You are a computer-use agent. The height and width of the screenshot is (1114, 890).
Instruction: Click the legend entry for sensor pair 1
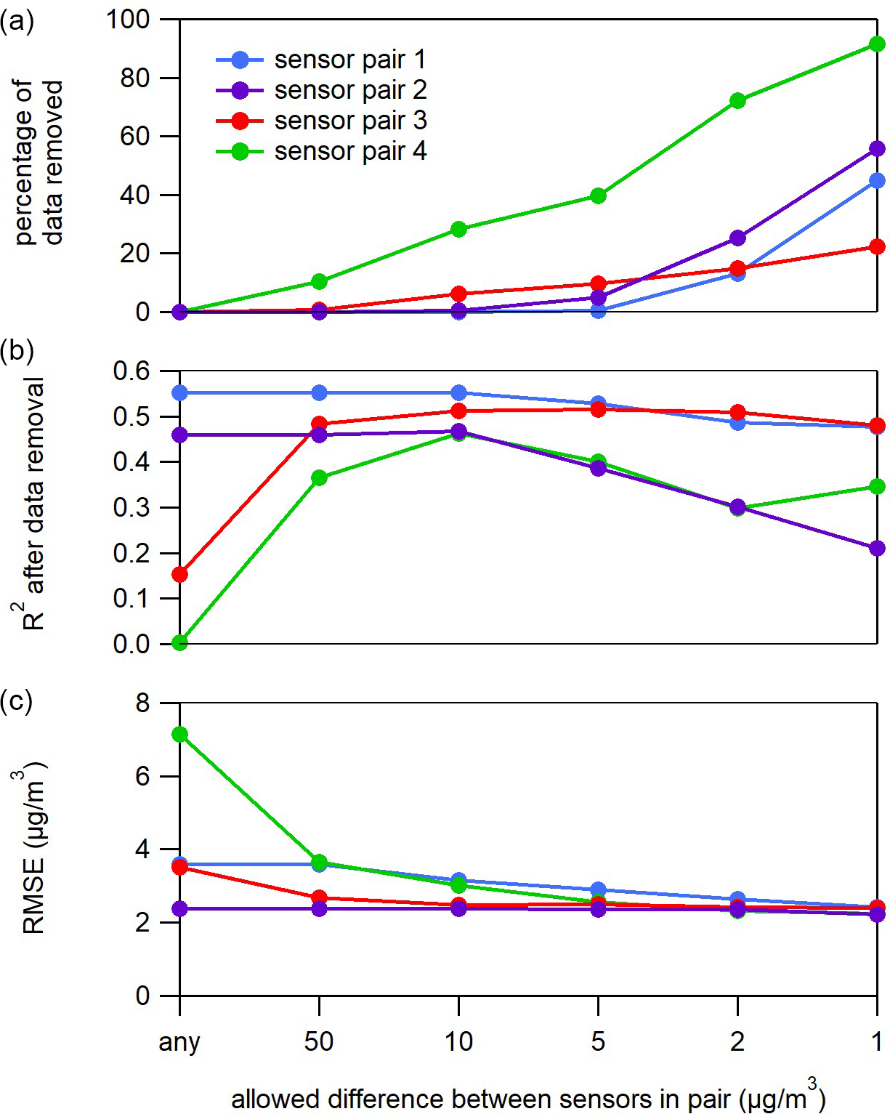click(x=320, y=60)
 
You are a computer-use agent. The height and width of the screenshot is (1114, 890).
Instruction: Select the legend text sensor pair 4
click(x=350, y=151)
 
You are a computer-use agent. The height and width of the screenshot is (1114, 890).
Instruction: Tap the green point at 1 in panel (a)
click(x=877, y=44)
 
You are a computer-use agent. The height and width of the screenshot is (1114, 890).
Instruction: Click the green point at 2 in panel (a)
click(x=737, y=100)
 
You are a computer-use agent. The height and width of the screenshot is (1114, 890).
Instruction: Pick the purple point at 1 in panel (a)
click(x=877, y=148)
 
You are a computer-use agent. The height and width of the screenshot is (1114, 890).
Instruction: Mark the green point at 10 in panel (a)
click(x=458, y=229)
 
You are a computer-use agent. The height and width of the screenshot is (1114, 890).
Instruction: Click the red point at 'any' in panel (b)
click(x=179, y=574)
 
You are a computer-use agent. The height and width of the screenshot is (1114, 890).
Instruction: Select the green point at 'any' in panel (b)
click(x=179, y=642)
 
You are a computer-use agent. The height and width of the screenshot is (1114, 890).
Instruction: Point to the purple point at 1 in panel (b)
click(x=877, y=548)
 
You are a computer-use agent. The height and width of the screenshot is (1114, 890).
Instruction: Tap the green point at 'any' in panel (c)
click(x=179, y=734)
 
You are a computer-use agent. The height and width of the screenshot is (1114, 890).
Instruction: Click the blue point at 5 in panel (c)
click(x=598, y=889)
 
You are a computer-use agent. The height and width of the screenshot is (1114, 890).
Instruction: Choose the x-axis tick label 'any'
click(x=179, y=1042)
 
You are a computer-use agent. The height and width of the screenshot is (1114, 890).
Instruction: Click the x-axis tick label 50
click(x=319, y=1042)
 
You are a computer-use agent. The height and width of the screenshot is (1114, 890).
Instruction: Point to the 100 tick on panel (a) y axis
click(x=128, y=20)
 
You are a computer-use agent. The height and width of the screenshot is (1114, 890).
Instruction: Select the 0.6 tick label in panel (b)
click(x=131, y=371)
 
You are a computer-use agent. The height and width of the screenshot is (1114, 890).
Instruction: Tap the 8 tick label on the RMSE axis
click(x=142, y=703)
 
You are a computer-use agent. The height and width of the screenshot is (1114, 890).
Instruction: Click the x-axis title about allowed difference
click(x=528, y=1098)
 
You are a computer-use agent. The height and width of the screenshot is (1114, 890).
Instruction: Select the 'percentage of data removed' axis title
click(x=38, y=162)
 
